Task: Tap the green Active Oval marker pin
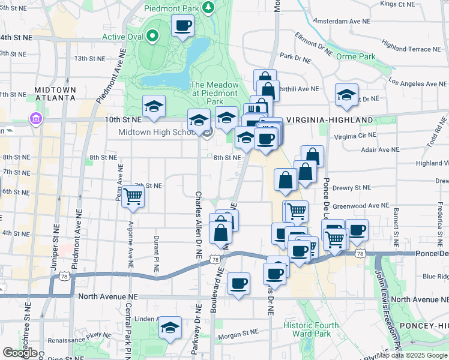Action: point(153,36)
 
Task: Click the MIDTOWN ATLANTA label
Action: point(55,94)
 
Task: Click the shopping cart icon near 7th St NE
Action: point(133,196)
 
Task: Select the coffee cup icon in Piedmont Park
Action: point(183,26)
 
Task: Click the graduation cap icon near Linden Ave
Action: point(170,328)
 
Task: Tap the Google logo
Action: point(20,352)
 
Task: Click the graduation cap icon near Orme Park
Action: point(346,94)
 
